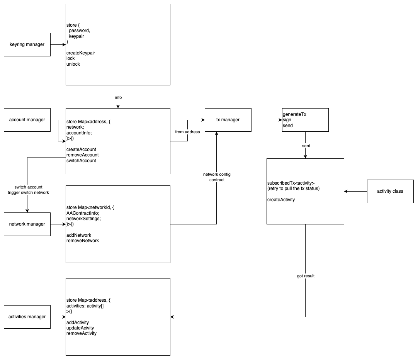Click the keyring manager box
[27, 44]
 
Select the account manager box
[27, 120]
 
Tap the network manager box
[27, 224]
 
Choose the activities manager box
[27, 317]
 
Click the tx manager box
[228, 120]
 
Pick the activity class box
[390, 191]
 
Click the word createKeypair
[81, 53]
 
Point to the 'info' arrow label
[118, 97]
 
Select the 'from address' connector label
[187, 132]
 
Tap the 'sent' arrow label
[306, 146]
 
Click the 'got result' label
[306, 276]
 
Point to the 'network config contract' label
[217, 177]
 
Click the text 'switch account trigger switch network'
[28, 190]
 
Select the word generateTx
[294, 114]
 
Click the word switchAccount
[81, 160]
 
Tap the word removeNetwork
[83, 240]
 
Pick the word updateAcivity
[80, 328]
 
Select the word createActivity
[281, 199]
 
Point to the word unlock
[73, 64]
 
